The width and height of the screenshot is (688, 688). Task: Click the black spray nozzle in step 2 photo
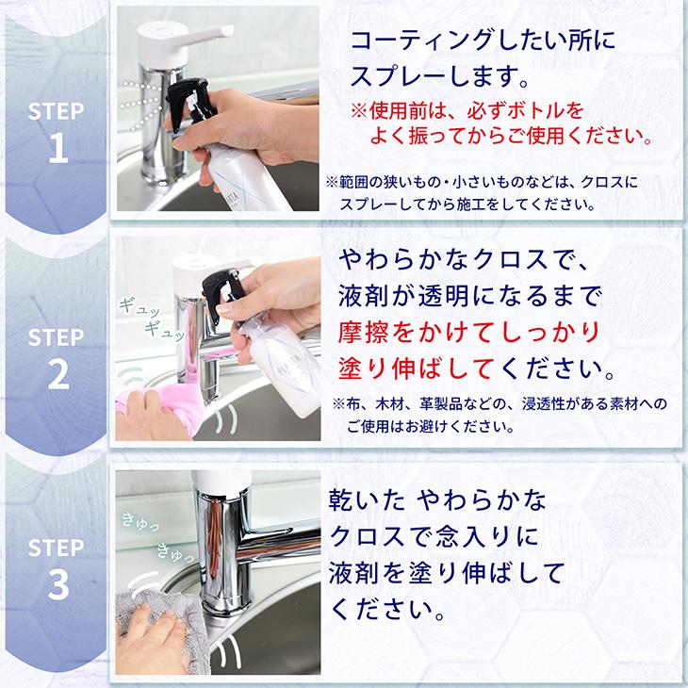pyautogui.click(x=231, y=287)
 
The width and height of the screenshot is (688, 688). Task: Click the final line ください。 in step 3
pyautogui.click(x=387, y=605)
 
